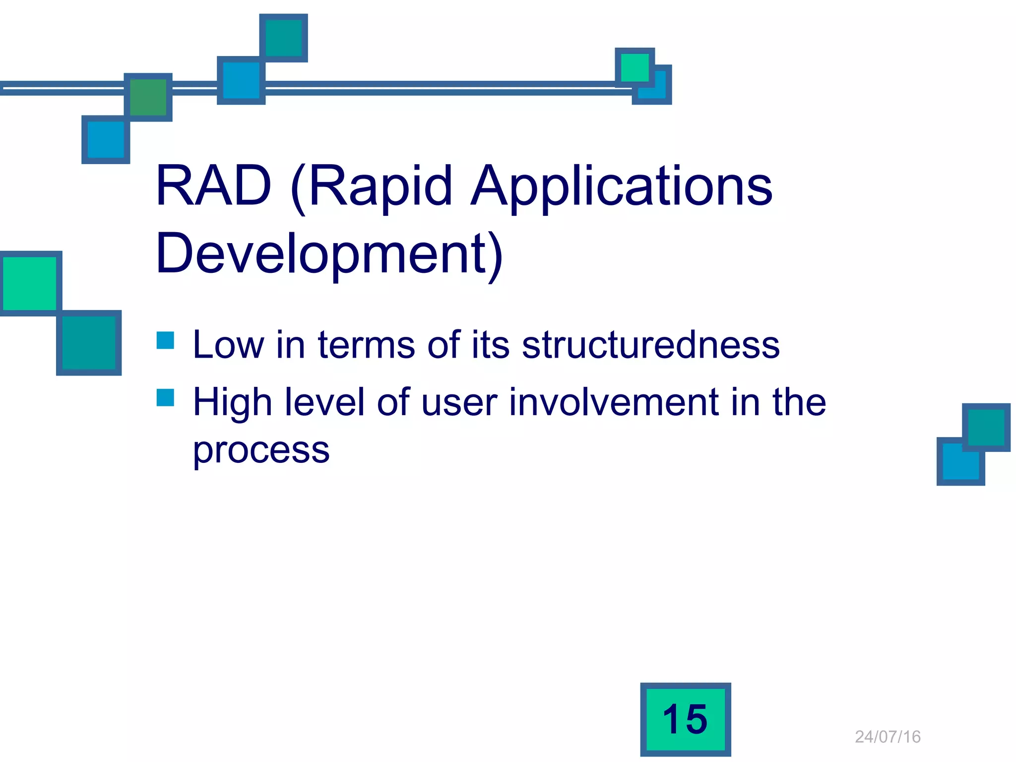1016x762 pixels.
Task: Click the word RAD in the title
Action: [x=213, y=186]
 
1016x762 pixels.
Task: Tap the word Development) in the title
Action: [x=329, y=254]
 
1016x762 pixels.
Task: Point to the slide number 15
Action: [x=685, y=719]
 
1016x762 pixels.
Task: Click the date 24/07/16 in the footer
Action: [x=888, y=737]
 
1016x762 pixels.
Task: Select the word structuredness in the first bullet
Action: [x=650, y=344]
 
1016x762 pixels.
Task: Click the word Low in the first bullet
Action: [x=228, y=344]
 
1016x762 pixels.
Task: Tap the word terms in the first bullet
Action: [x=366, y=344]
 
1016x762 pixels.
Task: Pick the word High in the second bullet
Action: [x=232, y=402]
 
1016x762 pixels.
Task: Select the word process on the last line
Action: [x=261, y=450]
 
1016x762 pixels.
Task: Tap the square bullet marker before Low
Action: [x=165, y=340]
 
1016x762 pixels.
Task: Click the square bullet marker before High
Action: [x=165, y=397]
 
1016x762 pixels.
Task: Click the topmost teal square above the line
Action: [x=284, y=38]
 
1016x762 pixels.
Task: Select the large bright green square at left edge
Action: [x=30, y=283]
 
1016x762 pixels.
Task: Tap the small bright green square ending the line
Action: [x=635, y=67]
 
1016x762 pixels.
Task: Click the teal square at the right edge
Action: [x=986, y=427]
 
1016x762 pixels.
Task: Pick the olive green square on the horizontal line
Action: [x=148, y=97]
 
